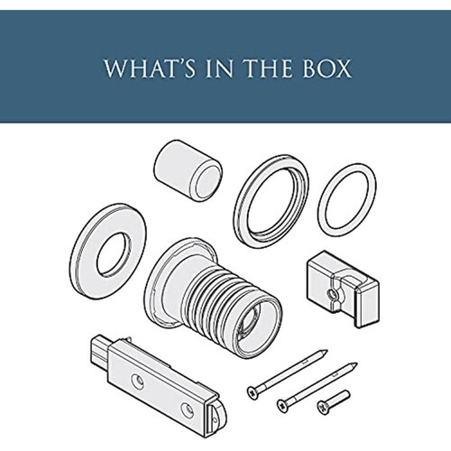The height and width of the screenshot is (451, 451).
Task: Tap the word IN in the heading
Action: click(219, 69)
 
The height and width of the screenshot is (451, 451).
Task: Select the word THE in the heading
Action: click(269, 69)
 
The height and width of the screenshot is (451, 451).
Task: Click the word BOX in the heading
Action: click(327, 69)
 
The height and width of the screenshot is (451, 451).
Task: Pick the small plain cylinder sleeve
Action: click(189, 170)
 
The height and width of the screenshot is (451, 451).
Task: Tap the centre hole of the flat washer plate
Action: click(115, 254)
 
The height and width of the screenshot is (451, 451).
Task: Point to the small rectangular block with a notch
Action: click(343, 289)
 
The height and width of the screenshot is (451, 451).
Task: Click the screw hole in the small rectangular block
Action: click(332, 293)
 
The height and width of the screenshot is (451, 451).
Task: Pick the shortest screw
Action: click(334, 402)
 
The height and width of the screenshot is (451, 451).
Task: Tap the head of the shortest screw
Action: click(323, 408)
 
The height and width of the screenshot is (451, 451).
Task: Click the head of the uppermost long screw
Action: click(253, 392)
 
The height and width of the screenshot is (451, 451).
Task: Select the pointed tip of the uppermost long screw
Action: click(327, 351)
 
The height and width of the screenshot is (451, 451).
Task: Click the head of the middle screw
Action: click(283, 406)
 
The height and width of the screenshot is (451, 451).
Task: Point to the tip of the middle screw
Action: click(356, 364)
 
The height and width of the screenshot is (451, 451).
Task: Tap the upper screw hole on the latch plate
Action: click(137, 381)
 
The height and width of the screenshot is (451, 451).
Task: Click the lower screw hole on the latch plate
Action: click(187, 410)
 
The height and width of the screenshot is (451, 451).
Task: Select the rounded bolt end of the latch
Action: click(218, 419)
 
